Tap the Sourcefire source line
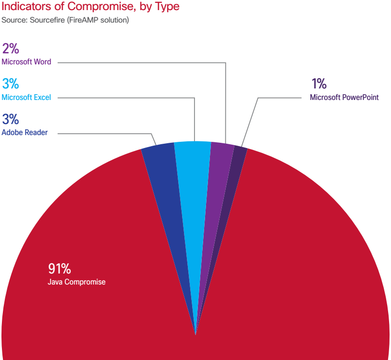tap(65, 21)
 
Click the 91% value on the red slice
tap(60, 269)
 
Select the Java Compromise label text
tap(76, 282)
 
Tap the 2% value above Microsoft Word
tap(10, 49)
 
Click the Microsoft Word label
tap(26, 62)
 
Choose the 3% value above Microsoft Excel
tap(10, 84)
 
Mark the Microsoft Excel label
tap(26, 98)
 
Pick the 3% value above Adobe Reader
tap(10, 119)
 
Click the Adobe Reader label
tap(24, 133)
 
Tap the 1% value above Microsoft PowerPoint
tap(318, 84)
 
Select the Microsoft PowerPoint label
tap(344, 98)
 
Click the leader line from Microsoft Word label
tap(144, 62)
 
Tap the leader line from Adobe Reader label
tap(106, 133)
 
